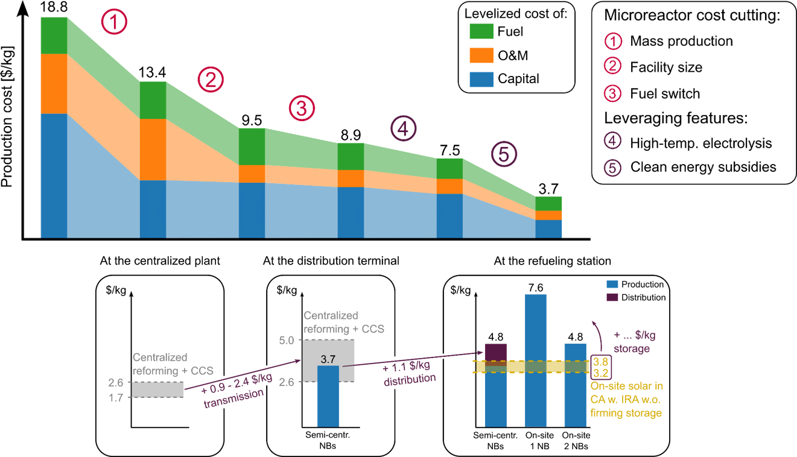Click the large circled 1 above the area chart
tap(114, 23)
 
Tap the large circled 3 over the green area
tap(302, 109)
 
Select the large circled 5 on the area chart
tap(504, 154)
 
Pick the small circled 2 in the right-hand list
tap(612, 66)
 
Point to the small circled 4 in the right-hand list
tap(612, 140)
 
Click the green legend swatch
tap(481, 31)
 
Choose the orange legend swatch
tap(481, 55)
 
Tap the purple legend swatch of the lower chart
tap(612, 297)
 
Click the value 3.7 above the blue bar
tap(328, 359)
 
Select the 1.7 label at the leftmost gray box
tap(116, 398)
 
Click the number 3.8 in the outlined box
tap(600, 362)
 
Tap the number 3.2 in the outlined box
tap(600, 372)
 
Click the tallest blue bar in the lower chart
tap(536, 361)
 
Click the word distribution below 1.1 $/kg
tap(410, 380)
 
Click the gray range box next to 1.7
tap(157, 390)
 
